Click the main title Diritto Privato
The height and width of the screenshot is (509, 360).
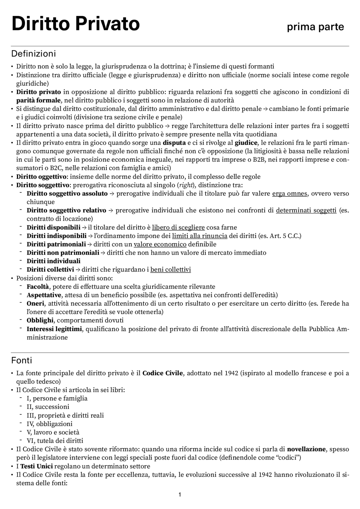click(75, 24)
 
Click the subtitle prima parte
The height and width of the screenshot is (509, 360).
click(315, 27)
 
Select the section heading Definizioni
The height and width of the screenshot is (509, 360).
click(33, 53)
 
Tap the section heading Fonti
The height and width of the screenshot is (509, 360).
click(22, 360)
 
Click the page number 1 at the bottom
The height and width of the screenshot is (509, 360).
click(180, 495)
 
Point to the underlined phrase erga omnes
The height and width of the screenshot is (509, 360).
click(289, 194)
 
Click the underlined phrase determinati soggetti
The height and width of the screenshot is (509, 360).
click(306, 211)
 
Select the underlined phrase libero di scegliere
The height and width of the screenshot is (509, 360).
click(178, 227)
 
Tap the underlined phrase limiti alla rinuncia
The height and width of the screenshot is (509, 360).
click(199, 236)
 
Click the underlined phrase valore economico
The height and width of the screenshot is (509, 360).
click(160, 244)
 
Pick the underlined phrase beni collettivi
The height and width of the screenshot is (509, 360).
click(170, 270)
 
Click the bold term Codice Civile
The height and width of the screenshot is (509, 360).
click(163, 373)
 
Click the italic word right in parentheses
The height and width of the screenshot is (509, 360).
click(186, 185)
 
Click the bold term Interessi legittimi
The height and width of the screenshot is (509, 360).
click(54, 329)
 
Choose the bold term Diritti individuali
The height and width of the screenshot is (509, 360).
click(53, 261)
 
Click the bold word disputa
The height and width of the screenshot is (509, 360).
click(174, 143)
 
